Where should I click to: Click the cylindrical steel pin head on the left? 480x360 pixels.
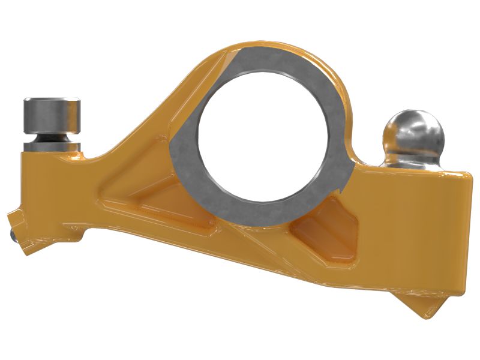[51, 115]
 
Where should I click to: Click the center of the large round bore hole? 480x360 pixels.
[263, 136]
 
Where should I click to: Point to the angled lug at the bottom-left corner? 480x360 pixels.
[27, 231]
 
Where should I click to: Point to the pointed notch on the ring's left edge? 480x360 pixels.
[173, 146]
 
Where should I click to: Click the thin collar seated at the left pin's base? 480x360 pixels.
[51, 147]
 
